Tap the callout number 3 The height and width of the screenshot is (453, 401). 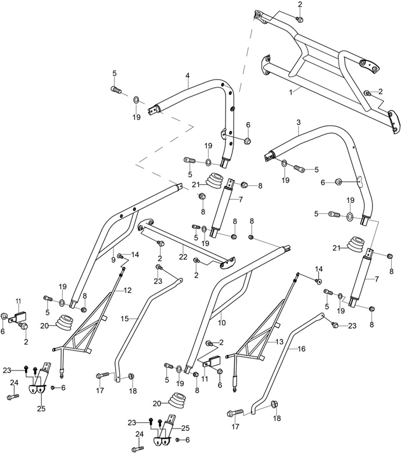[x=298, y=123]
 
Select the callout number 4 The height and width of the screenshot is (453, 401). [x=188, y=76]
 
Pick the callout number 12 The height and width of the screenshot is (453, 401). [x=127, y=290]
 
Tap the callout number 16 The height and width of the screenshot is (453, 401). [x=301, y=350]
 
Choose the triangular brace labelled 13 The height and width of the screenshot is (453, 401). [x=256, y=348]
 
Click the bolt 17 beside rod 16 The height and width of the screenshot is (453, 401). [x=234, y=414]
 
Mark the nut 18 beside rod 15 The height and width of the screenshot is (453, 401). [x=132, y=377]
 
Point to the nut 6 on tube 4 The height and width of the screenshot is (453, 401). [x=247, y=141]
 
